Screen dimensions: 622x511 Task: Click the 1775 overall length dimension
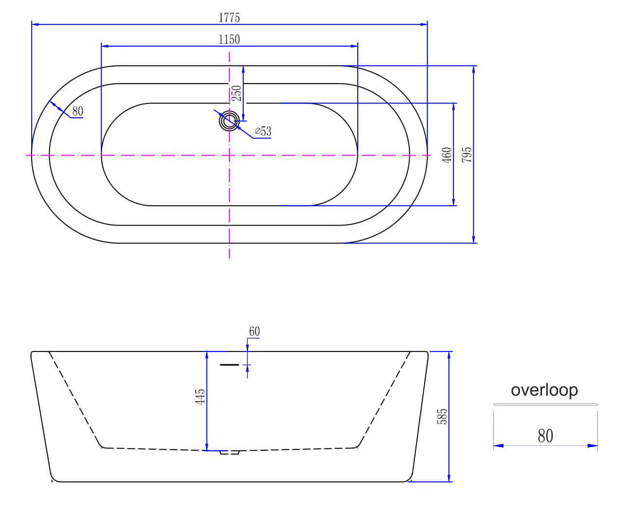[x=229, y=18]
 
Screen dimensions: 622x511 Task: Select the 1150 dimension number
[x=229, y=39]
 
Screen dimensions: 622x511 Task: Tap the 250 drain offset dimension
[x=236, y=93]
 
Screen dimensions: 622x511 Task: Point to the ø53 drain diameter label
[x=263, y=131]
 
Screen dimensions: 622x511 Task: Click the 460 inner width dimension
[x=447, y=155]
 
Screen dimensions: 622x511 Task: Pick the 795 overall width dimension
[x=467, y=155]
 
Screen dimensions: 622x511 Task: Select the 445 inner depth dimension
[x=200, y=397]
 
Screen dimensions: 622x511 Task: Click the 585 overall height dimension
[x=442, y=416]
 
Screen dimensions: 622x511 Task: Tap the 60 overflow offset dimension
[x=254, y=331]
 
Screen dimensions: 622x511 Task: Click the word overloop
[x=544, y=390]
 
